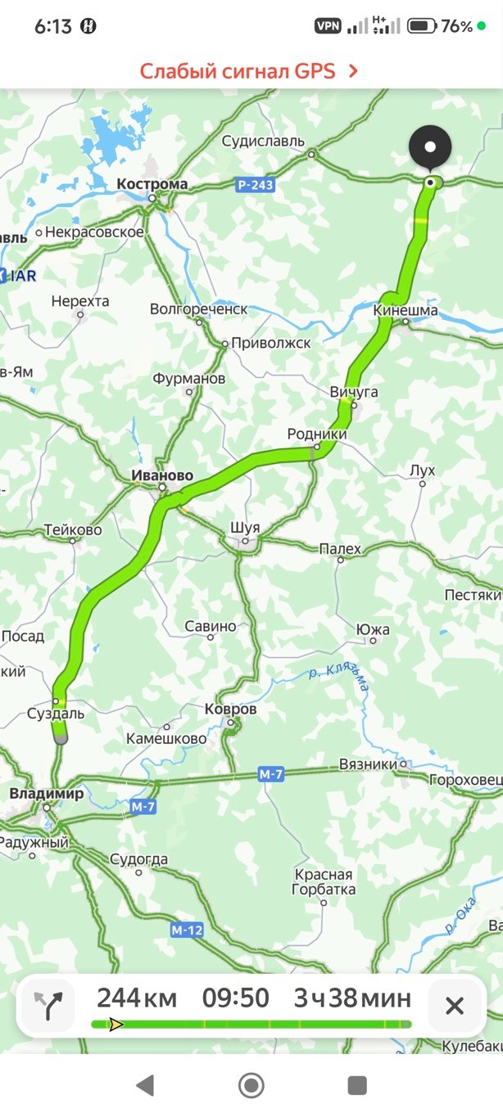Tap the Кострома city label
tap(152, 185)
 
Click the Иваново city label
tap(162, 475)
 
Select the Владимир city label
tap(46, 794)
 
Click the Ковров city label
tap(230, 709)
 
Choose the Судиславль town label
tap(262, 142)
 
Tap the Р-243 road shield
tap(255, 186)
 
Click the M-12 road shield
tap(187, 930)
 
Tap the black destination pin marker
tap(430, 148)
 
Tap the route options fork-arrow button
tap(48, 1005)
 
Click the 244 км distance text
tap(136, 998)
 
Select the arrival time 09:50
tap(235, 998)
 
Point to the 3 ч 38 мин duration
tap(352, 998)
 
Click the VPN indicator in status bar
tap(328, 26)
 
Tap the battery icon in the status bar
tap(421, 26)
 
